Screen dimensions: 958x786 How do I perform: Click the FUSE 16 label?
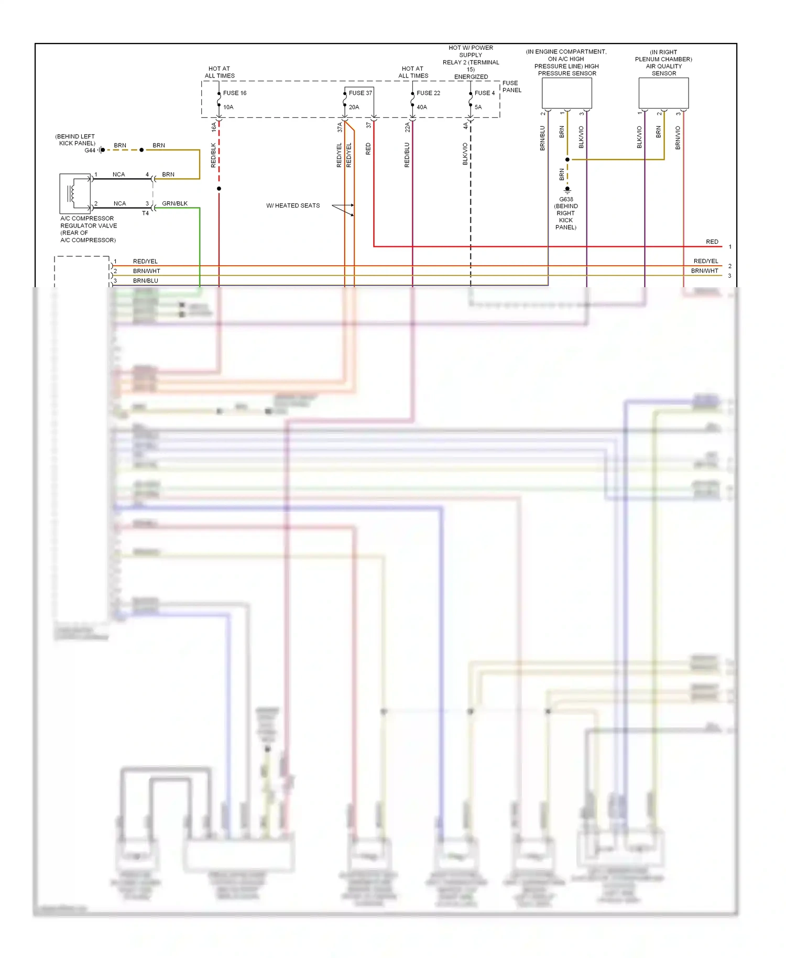pos(234,93)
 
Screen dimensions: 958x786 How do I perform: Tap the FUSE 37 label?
pos(360,93)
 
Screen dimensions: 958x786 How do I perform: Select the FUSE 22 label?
pos(428,93)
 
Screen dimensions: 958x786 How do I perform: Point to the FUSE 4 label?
pos(484,93)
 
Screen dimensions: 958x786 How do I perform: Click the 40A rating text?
pos(422,107)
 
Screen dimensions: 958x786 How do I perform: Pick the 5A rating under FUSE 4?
pos(478,107)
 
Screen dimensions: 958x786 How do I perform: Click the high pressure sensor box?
pos(566,93)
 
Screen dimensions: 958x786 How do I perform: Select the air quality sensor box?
pos(663,93)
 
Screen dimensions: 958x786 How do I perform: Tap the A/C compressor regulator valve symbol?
pos(75,193)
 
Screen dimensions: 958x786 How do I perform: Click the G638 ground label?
pos(566,200)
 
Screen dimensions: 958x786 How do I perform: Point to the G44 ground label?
pos(90,150)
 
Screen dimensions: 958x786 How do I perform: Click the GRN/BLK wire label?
pos(174,203)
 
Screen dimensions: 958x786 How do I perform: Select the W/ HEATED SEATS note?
pos(293,206)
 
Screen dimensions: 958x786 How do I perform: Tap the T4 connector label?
pos(145,213)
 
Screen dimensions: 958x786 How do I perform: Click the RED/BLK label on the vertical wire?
pos(213,155)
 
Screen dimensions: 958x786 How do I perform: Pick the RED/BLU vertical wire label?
pos(407,155)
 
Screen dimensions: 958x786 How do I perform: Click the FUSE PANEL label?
pos(511,86)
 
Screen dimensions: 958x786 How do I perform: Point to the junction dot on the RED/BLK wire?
pos(219,189)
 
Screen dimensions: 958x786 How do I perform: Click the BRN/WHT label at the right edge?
pos(704,271)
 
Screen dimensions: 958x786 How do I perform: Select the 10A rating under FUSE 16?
pos(228,107)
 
